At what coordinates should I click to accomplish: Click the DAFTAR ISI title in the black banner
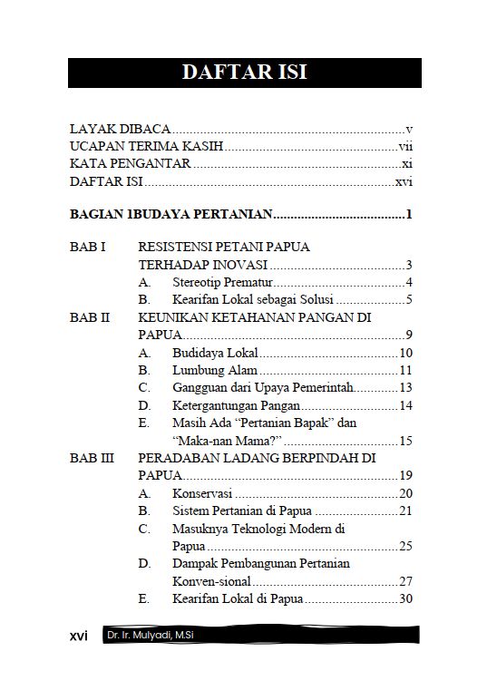pos(244,73)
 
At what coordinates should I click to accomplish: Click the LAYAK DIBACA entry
pos(121,130)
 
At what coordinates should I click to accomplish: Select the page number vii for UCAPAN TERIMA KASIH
pos(405,147)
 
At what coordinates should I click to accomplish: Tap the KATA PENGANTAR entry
pos(131,164)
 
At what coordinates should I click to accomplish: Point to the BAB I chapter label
pos(88,247)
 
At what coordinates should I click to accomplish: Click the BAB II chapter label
pos(90,317)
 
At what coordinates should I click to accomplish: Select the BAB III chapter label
pos(92,458)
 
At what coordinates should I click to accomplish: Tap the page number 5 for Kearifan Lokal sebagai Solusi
pos(410,300)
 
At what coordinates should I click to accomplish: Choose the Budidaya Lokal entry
pos(215,353)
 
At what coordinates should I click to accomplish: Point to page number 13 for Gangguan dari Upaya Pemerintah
pos(405,388)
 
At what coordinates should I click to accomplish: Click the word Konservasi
pos(202,493)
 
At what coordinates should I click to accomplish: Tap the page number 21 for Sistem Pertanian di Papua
pos(405,510)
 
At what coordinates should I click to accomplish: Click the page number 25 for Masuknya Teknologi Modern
pos(405,546)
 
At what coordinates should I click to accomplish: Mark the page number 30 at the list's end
pos(405,598)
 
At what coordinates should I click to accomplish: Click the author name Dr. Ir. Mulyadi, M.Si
pos(150,636)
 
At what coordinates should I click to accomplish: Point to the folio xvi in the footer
pos(79,636)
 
